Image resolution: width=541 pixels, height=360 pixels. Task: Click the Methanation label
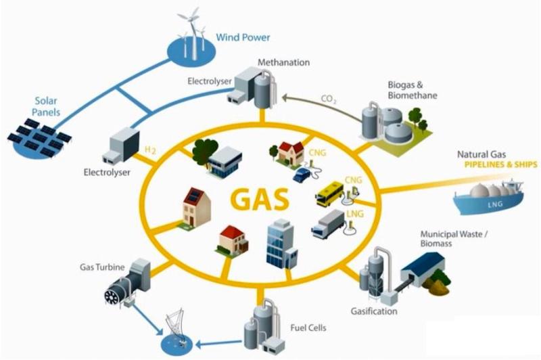(283, 63)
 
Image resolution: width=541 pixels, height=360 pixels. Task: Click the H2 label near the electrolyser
(153, 149)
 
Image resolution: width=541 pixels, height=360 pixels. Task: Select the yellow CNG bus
(332, 193)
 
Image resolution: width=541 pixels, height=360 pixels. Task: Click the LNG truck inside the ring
(328, 224)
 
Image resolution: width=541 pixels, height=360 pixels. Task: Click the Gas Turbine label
(101, 268)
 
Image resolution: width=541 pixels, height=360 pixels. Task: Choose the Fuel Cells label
(312, 328)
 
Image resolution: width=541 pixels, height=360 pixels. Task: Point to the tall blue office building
(279, 243)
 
